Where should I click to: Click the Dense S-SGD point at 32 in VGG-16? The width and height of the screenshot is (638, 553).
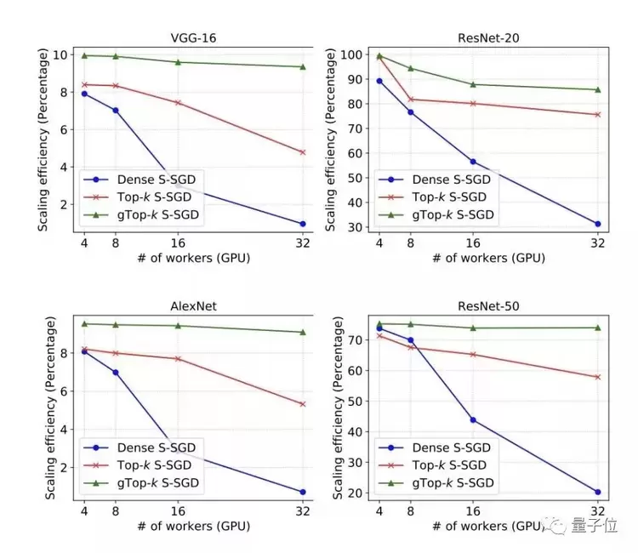coord(303,224)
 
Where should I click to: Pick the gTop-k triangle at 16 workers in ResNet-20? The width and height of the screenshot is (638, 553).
coord(473,84)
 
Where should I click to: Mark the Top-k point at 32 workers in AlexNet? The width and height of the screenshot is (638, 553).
coord(303,404)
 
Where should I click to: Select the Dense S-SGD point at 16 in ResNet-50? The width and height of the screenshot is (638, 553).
coord(473,419)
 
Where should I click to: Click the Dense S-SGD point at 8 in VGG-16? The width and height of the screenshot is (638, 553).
coord(115,110)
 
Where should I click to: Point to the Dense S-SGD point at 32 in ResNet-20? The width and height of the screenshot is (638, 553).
coord(598,224)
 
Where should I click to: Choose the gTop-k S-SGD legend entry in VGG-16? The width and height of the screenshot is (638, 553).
coord(137,214)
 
